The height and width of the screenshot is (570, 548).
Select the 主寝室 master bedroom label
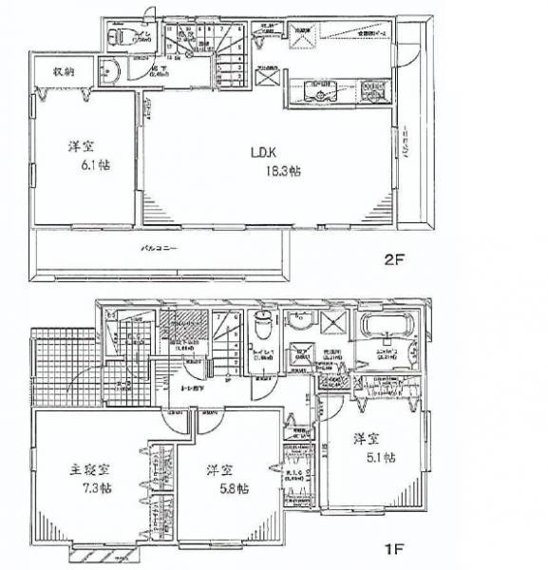click(x=87, y=468)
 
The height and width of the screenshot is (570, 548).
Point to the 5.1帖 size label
click(x=377, y=457)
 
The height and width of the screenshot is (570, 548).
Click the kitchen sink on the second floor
click(x=320, y=91)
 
